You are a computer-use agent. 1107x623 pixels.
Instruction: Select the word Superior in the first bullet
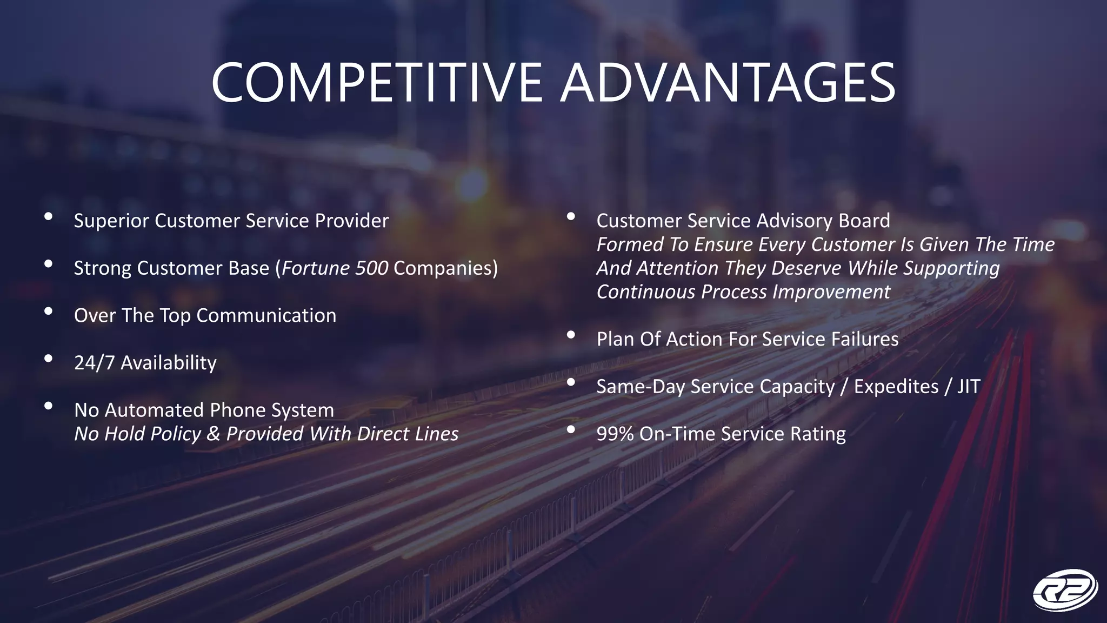(x=111, y=221)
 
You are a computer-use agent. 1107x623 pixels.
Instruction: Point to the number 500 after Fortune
(x=371, y=268)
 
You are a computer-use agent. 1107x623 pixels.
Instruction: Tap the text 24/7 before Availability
(x=95, y=363)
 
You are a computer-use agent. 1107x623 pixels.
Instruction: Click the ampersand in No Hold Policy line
(x=214, y=434)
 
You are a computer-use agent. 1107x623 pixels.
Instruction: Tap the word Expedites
(x=896, y=387)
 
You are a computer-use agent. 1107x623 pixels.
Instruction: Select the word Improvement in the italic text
(x=831, y=292)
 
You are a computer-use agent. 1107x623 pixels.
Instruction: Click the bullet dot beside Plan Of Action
(x=571, y=336)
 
